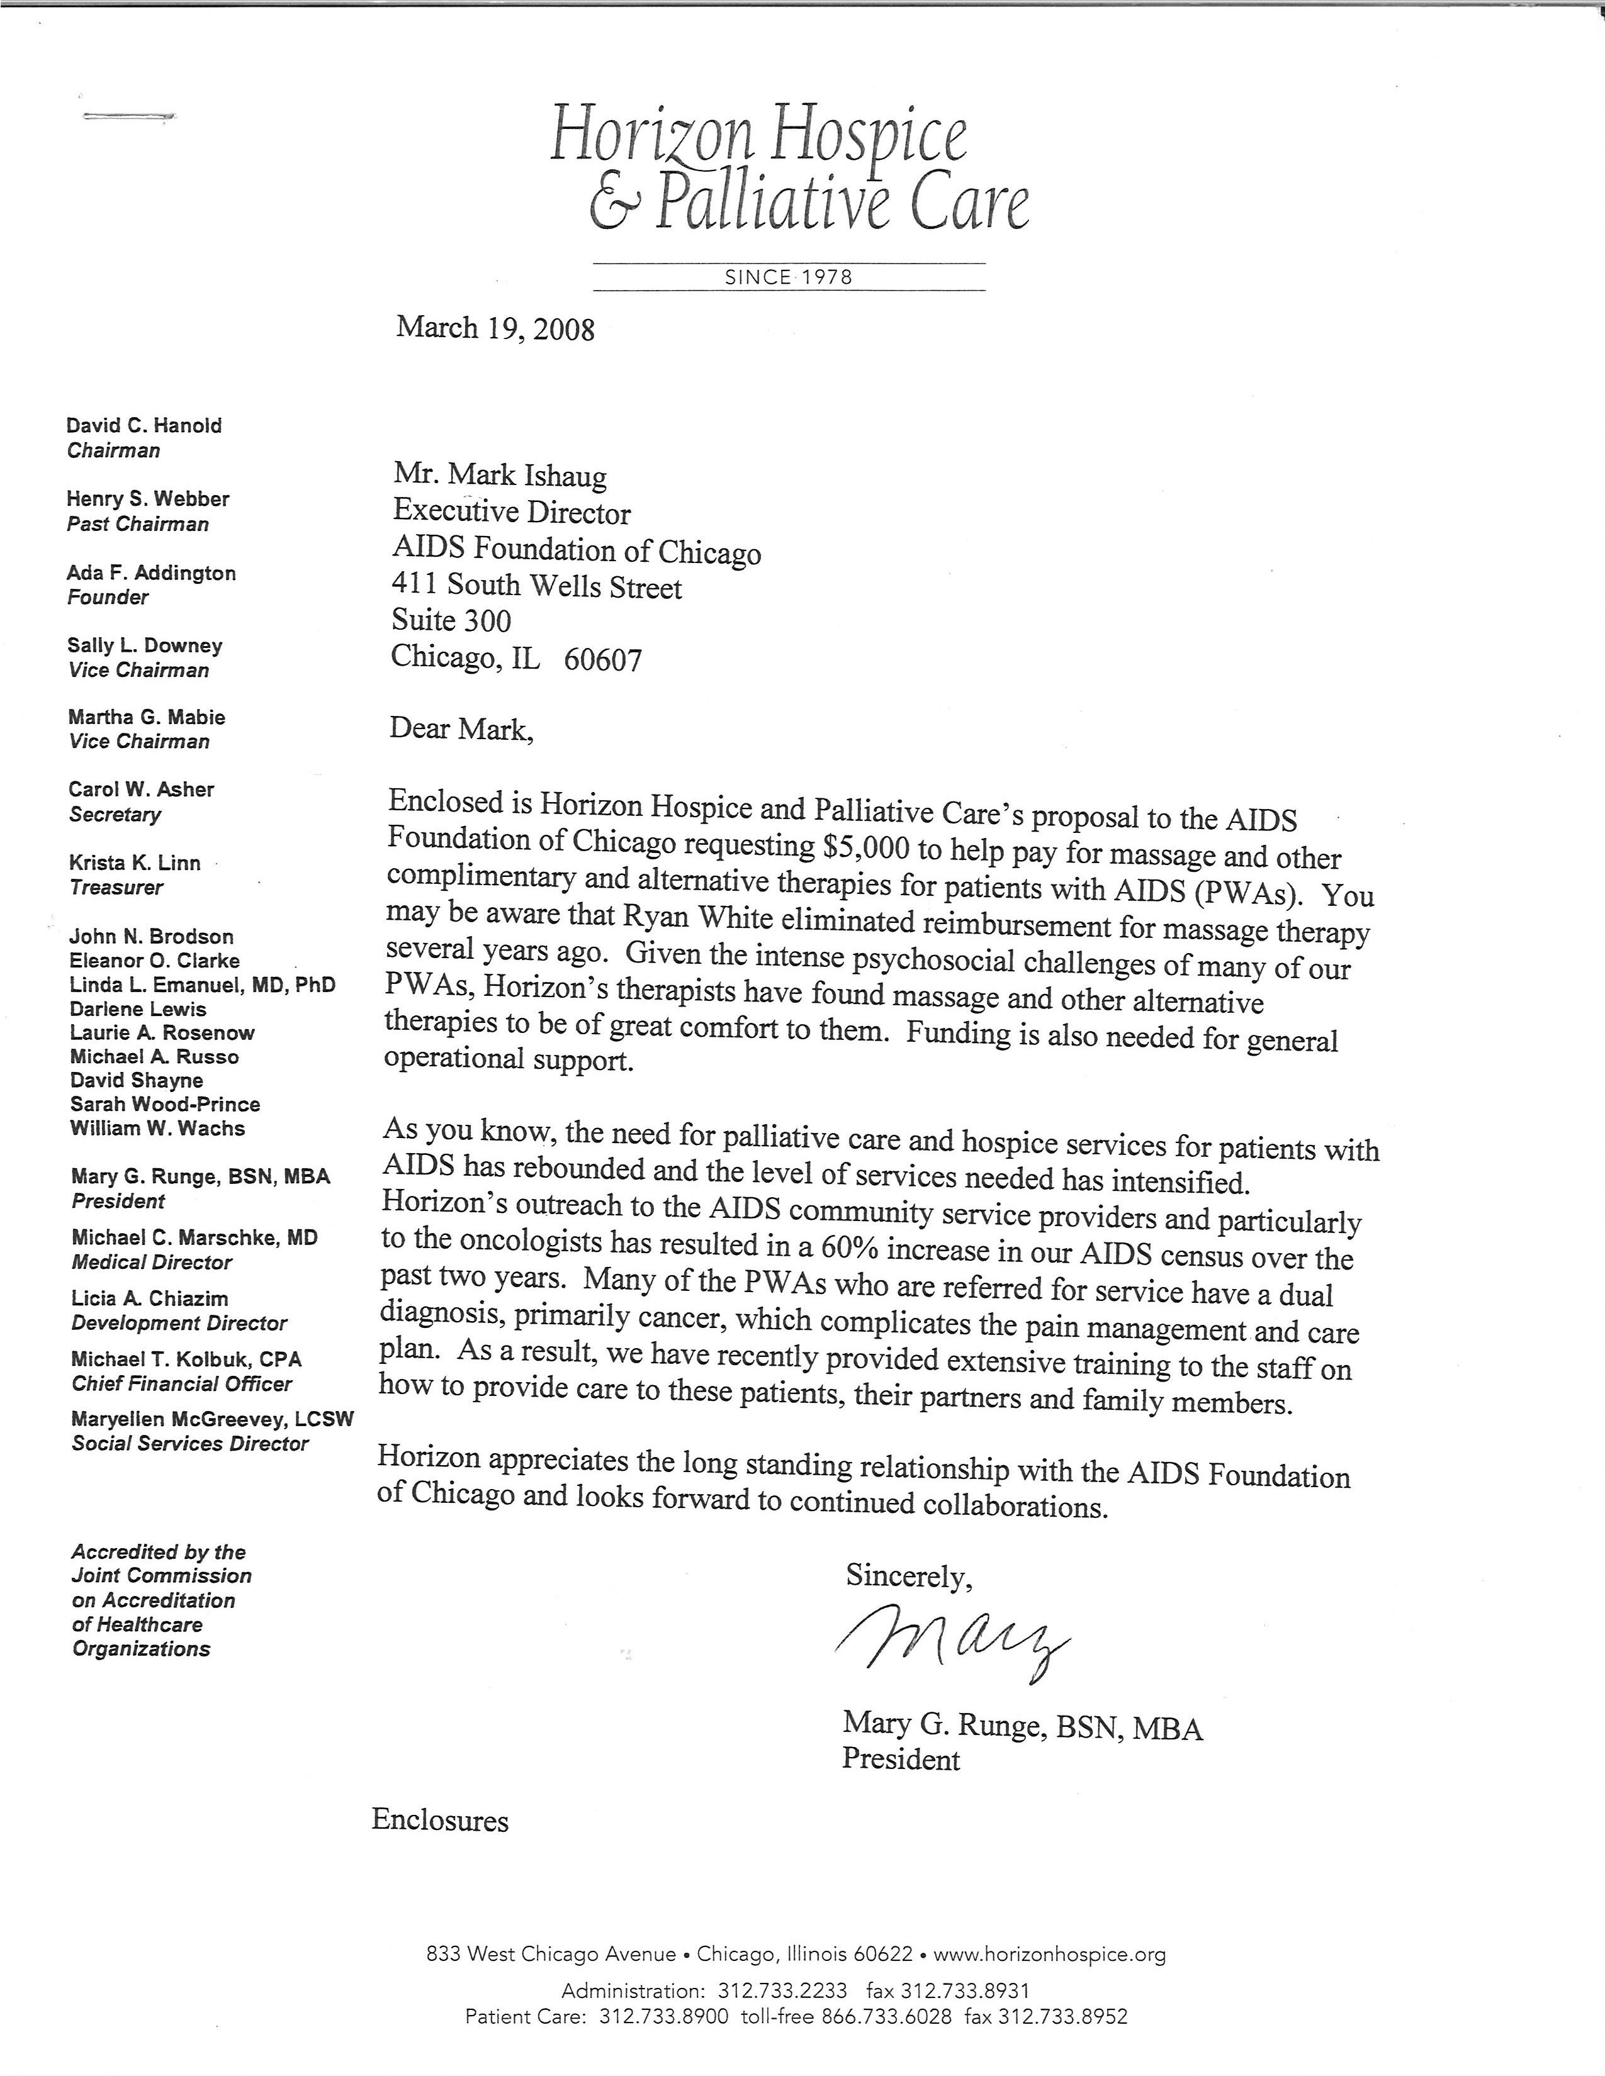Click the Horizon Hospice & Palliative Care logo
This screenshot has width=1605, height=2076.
tap(789, 171)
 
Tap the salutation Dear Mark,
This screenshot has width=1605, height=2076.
tap(461, 730)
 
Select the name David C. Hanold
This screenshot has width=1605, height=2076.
tap(144, 426)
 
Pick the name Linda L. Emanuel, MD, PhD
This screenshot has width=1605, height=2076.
tap(203, 985)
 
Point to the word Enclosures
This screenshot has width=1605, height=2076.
tap(440, 1821)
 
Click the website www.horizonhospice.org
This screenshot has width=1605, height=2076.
tap(1049, 1955)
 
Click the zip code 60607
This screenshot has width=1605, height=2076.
tap(603, 660)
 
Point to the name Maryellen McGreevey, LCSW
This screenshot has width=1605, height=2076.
tap(212, 1419)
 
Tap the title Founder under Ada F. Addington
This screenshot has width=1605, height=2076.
tap(108, 598)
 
